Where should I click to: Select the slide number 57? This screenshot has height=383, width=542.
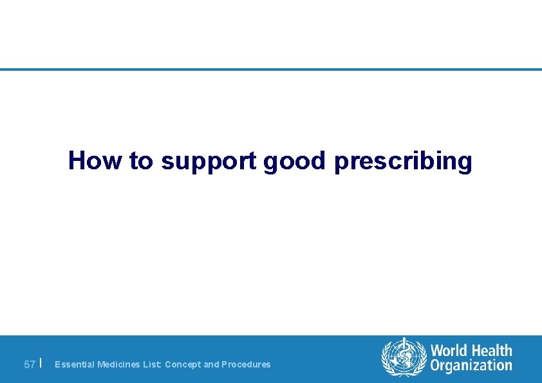pyautogui.click(x=30, y=364)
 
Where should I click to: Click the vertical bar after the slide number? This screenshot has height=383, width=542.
pyautogui.click(x=41, y=363)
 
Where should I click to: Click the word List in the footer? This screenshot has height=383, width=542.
pyautogui.click(x=153, y=364)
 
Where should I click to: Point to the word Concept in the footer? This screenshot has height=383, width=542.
pyautogui.click(x=183, y=364)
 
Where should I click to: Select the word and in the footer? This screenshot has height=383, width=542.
pyautogui.click(x=211, y=364)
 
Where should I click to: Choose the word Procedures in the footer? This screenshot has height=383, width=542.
pyautogui.click(x=246, y=364)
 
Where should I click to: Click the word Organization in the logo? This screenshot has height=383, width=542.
pyautogui.click(x=471, y=366)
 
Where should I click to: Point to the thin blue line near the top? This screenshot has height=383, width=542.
pyautogui.click(x=271, y=70)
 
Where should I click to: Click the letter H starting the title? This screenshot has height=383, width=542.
pyautogui.click(x=77, y=160)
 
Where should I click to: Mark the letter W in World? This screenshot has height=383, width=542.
pyautogui.click(x=438, y=351)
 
